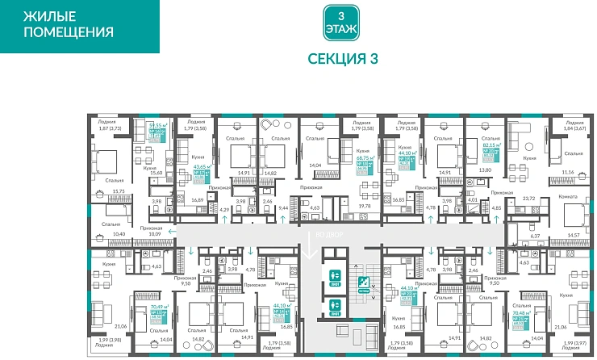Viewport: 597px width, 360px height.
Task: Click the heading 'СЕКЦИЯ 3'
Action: pos(343,58)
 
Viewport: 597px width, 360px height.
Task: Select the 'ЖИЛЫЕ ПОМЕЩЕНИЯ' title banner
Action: pos(68,25)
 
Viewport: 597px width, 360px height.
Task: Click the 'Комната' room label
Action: pos(569,197)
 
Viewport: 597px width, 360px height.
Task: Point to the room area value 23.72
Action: pos(529,197)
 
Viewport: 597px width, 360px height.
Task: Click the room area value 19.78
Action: pos(364,206)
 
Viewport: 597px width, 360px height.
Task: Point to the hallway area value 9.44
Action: pos(283,208)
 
